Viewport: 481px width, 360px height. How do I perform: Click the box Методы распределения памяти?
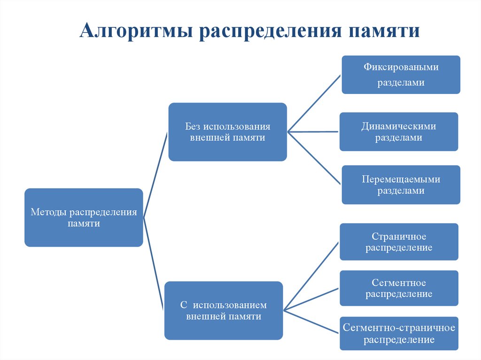click(84, 218)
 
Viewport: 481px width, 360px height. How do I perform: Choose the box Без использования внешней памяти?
click(227, 132)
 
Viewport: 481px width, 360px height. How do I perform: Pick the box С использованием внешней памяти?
click(224, 310)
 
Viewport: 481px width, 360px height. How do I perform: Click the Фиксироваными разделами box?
click(401, 75)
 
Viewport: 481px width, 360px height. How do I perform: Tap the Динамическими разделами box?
click(398, 131)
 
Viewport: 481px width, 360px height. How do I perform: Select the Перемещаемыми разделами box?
click(401, 184)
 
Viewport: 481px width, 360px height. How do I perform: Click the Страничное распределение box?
click(399, 242)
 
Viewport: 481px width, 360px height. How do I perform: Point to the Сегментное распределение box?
click(399, 288)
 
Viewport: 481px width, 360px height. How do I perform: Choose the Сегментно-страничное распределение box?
click(399, 333)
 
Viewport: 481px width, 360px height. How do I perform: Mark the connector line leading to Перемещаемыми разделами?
click(314, 157)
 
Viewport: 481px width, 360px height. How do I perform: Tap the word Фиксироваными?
click(401, 67)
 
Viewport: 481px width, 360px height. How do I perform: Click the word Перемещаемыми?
click(401, 179)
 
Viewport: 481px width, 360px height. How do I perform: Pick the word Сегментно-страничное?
click(399, 328)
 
